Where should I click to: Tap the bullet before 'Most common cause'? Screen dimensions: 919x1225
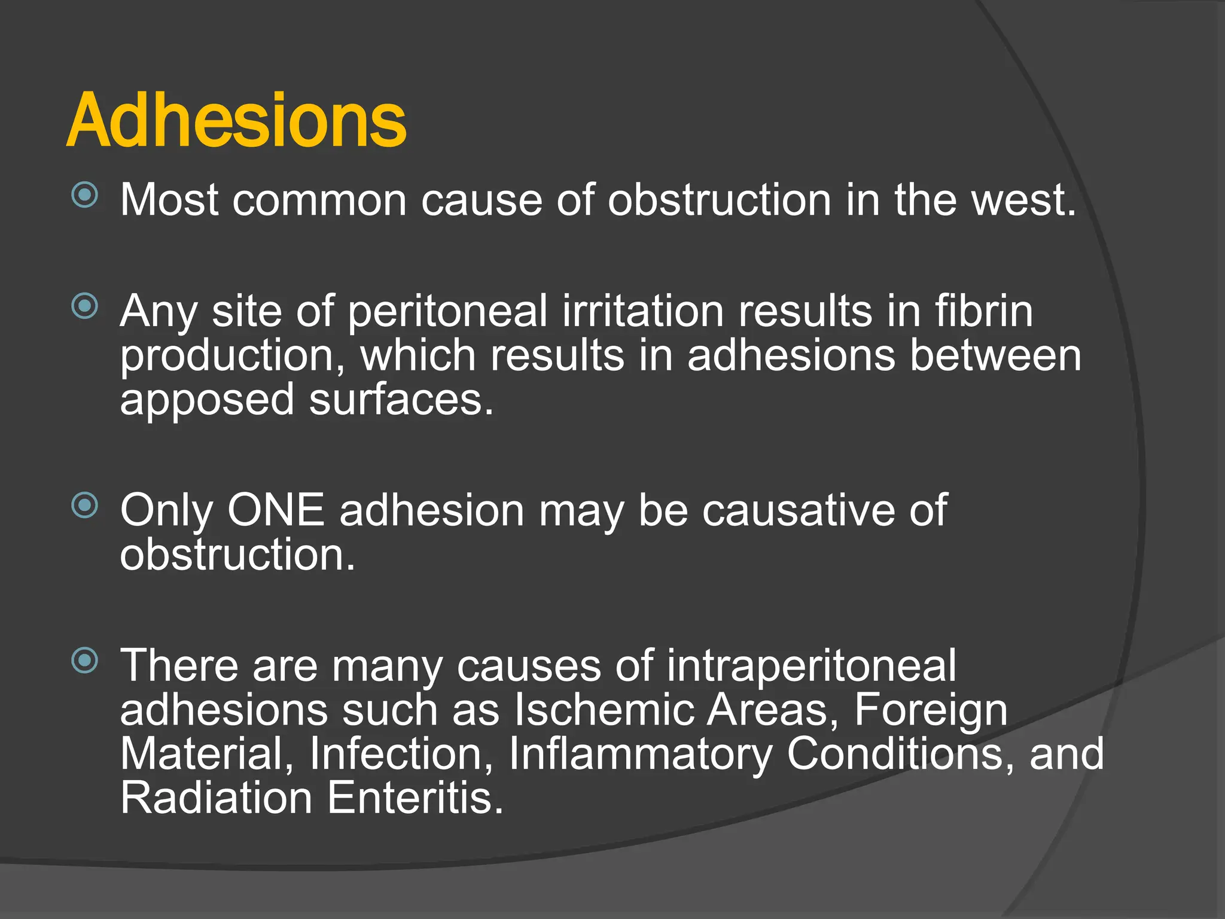click(84, 194)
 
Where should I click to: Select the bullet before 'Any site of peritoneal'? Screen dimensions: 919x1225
click(84, 306)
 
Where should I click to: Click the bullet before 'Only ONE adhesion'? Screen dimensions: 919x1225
click(84, 505)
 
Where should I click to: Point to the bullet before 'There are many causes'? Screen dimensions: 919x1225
click(84, 661)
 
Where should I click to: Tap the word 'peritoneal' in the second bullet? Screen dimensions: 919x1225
click(447, 312)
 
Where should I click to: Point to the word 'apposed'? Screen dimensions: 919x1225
click(207, 401)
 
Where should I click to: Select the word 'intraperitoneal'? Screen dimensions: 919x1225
click(811, 667)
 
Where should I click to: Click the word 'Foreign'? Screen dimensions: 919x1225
click(931, 711)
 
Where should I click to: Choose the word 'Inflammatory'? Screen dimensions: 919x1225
click(641, 755)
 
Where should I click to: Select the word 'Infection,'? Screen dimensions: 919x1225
click(401, 754)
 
